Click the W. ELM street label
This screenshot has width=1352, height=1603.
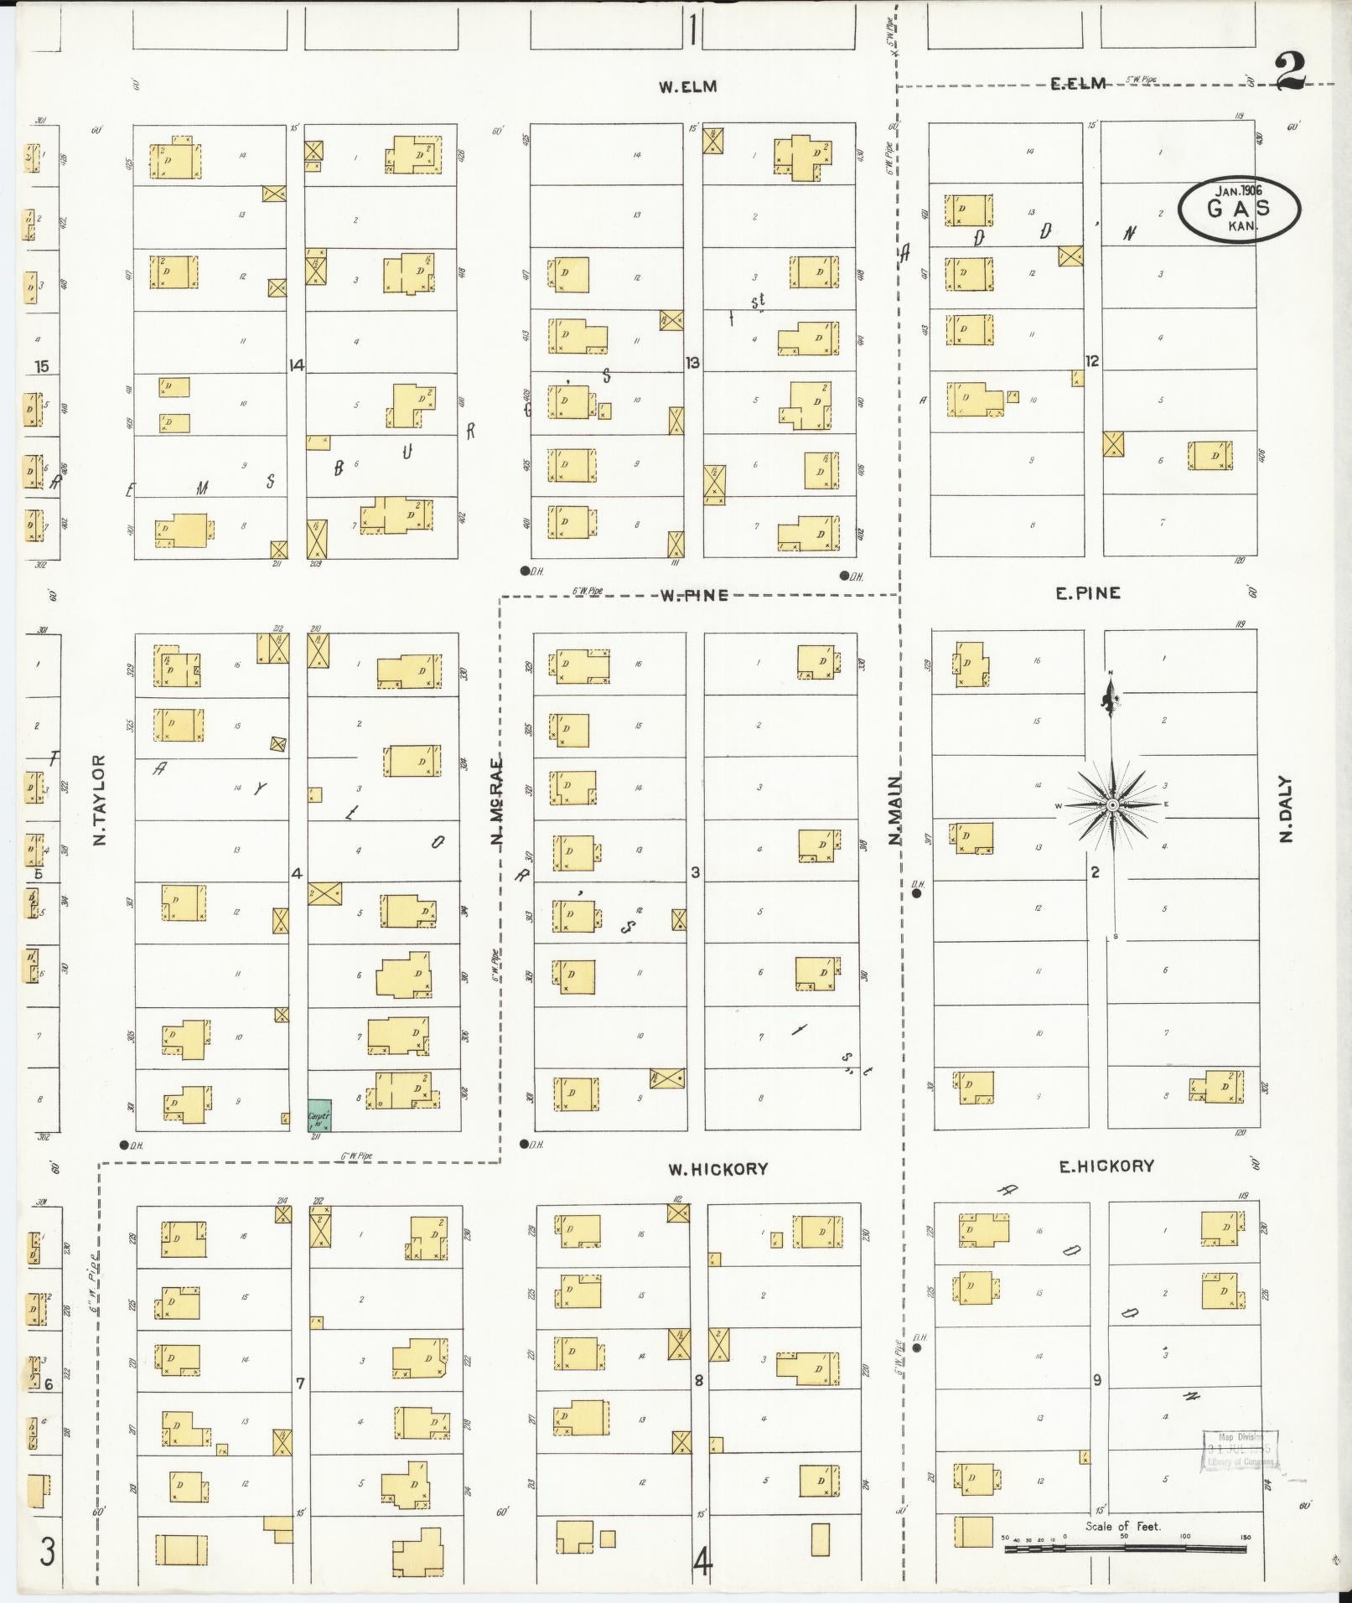point(687,86)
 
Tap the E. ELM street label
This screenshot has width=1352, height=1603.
point(1078,83)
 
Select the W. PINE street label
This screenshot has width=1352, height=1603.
point(693,595)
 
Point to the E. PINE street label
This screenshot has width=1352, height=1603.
point(1087,593)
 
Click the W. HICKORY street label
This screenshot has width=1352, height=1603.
point(717,1169)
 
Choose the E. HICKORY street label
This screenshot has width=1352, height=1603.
point(1106,1166)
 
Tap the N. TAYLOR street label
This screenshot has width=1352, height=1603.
point(101,799)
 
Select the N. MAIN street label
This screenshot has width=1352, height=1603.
point(895,809)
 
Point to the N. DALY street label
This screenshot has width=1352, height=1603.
point(1287,809)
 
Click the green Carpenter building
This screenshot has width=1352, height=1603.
point(319,1115)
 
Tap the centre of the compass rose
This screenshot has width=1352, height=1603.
point(1112,805)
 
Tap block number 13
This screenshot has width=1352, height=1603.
point(692,363)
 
